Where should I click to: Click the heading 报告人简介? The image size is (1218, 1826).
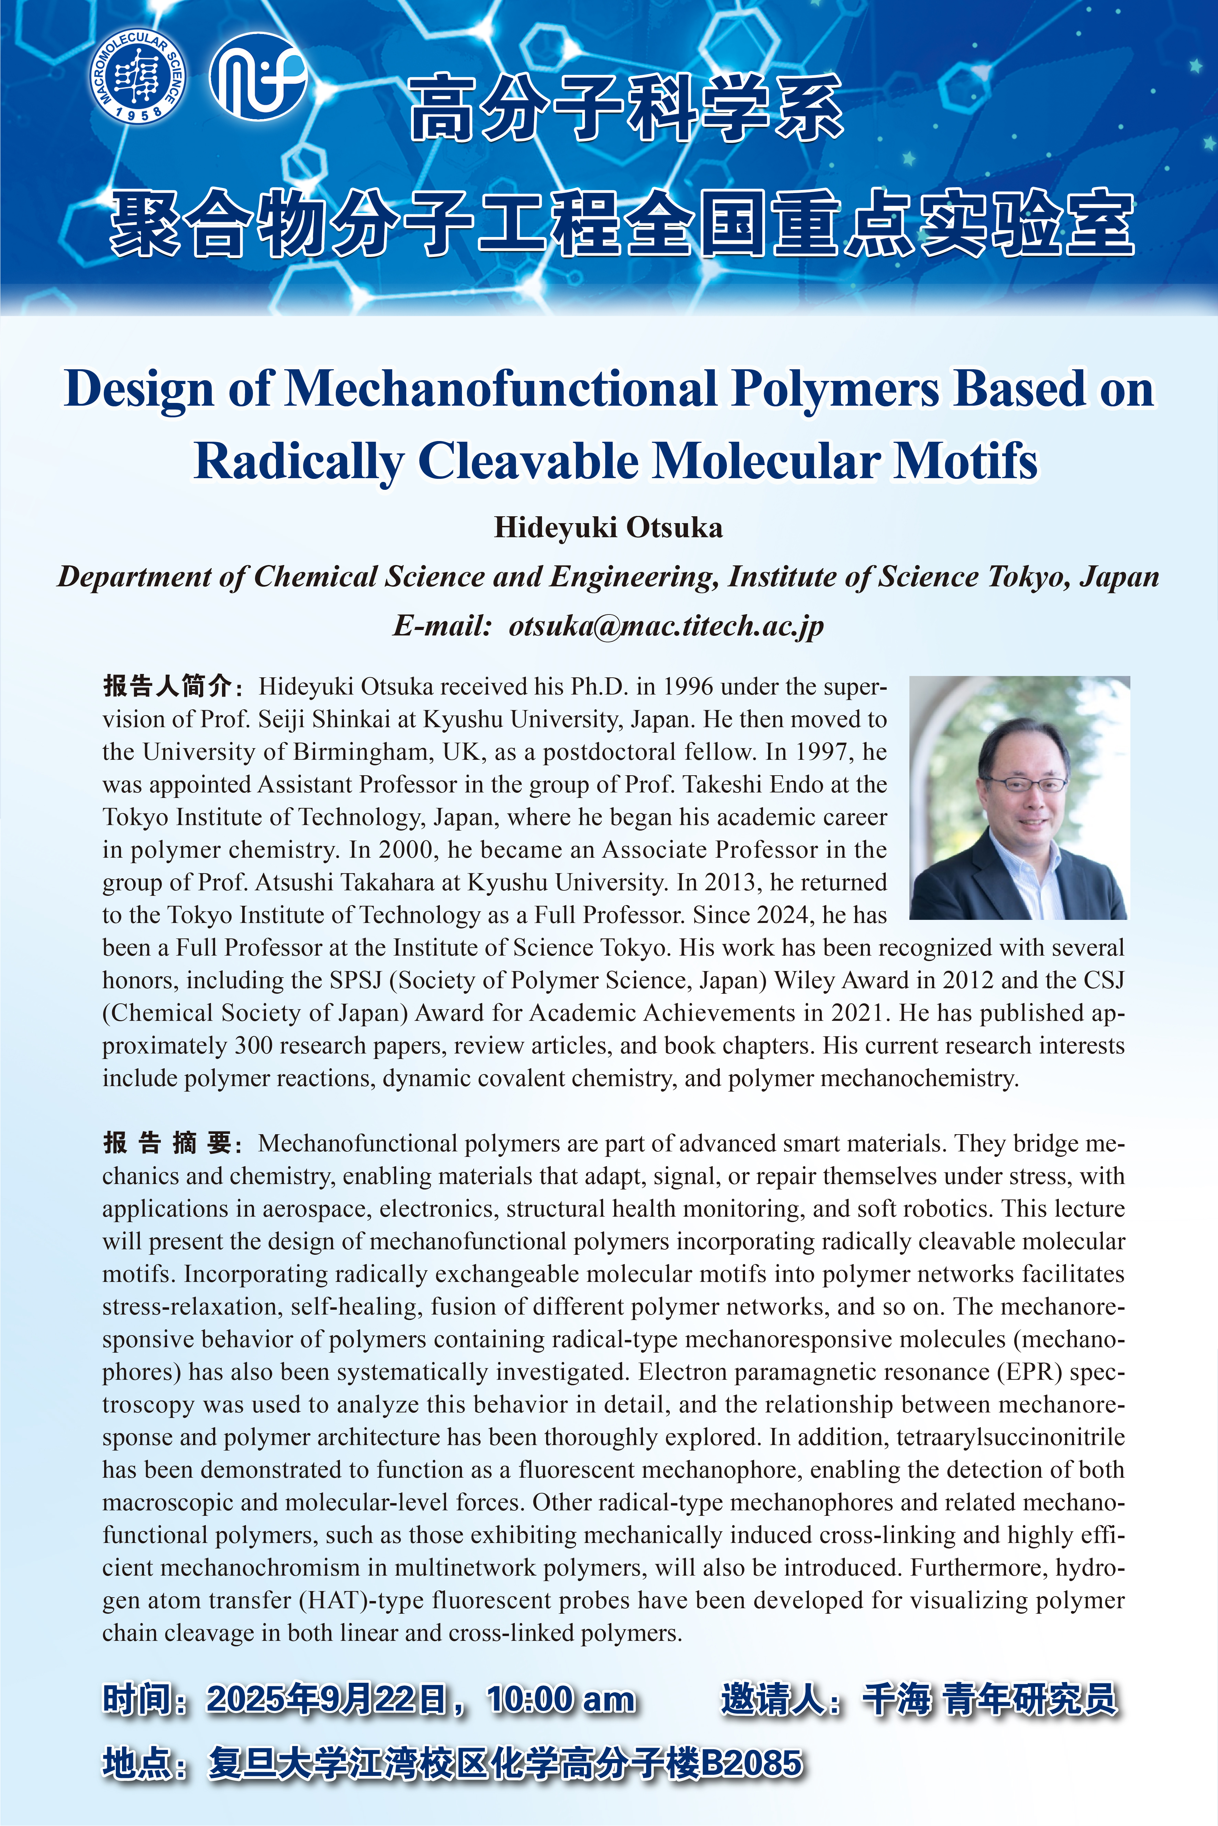pos(168,686)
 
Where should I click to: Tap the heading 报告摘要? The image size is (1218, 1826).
pos(168,1143)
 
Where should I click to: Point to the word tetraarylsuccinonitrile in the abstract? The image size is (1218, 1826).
pos(1010,1437)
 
